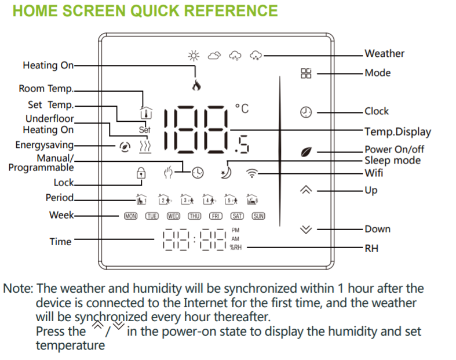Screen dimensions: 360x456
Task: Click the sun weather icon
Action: click(194, 56)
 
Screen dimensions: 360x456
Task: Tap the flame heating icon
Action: click(196, 85)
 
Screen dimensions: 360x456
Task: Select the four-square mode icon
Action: click(306, 74)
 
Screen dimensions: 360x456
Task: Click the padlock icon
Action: click(140, 173)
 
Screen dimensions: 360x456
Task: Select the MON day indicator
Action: click(130, 216)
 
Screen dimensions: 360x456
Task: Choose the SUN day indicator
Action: click(258, 216)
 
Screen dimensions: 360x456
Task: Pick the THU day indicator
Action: click(194, 216)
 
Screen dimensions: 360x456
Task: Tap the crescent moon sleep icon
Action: click(225, 172)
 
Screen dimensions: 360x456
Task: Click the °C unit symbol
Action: click(242, 108)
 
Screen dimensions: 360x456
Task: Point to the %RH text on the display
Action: click(235, 248)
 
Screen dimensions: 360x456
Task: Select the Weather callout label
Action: click(384, 54)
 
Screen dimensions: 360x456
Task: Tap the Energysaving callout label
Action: click(45, 145)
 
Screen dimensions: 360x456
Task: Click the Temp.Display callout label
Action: click(397, 131)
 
